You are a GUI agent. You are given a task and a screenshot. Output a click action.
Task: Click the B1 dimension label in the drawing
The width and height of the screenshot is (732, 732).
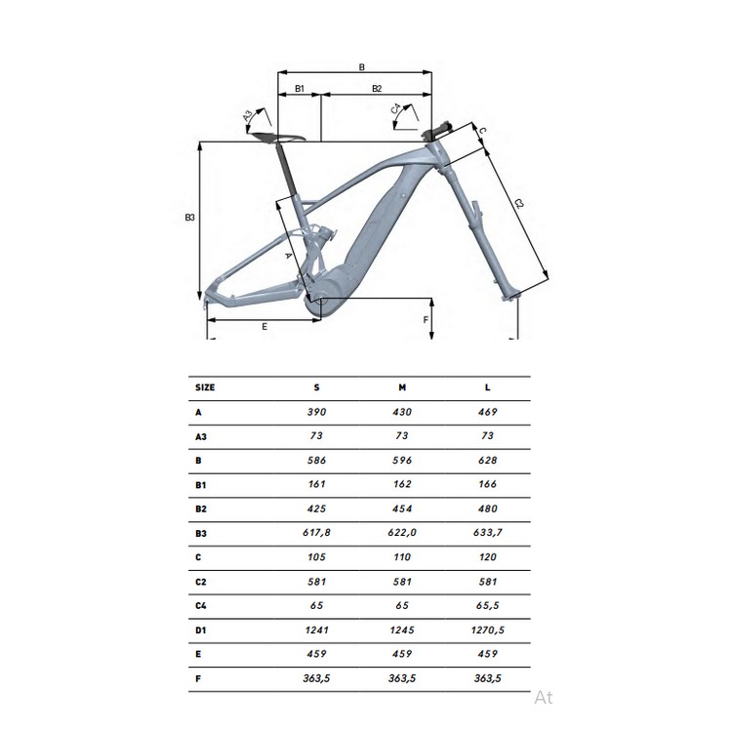click(x=300, y=88)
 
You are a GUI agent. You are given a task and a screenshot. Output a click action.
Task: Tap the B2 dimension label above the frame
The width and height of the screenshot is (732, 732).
click(x=377, y=88)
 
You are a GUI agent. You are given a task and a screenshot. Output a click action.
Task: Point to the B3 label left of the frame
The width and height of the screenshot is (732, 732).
click(x=189, y=217)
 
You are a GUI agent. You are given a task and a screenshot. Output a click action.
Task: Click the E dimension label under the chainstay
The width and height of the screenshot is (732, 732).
click(x=264, y=327)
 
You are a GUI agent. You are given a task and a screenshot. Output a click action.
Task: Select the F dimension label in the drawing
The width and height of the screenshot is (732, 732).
click(x=426, y=320)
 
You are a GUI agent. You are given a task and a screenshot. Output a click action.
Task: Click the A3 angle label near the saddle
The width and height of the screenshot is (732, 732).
click(x=248, y=115)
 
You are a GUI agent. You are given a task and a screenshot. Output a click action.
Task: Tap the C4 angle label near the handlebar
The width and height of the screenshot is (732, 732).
click(x=396, y=109)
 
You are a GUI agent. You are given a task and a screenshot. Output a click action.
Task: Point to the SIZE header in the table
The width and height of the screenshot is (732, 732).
click(x=205, y=387)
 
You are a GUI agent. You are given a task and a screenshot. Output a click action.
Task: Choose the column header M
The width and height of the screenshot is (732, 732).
click(x=402, y=387)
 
